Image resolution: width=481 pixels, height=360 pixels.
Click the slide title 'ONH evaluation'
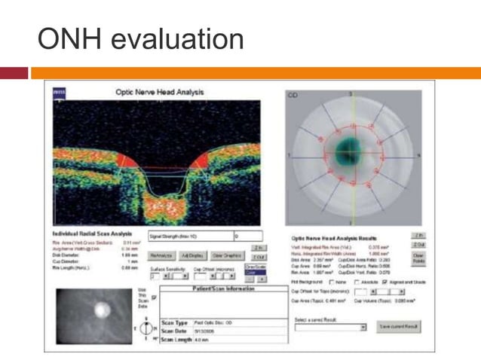[x=141, y=38]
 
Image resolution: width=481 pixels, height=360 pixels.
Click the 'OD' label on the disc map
[x=293, y=95]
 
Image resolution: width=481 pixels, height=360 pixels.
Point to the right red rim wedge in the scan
[x=202, y=159]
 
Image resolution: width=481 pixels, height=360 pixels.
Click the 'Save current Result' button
[x=397, y=327]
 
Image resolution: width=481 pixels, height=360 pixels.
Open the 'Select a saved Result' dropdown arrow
[x=363, y=328]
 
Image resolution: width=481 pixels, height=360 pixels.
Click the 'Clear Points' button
[x=420, y=256]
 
